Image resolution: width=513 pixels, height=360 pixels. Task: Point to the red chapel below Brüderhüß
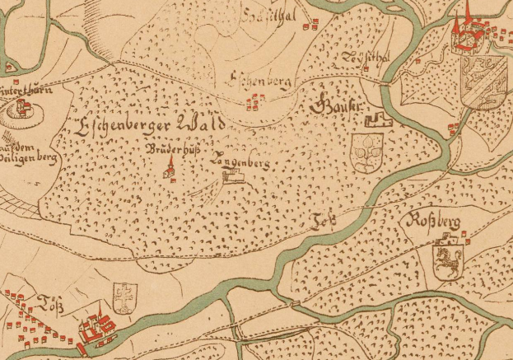(170, 171)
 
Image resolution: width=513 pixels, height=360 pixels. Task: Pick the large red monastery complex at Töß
(96, 329)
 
